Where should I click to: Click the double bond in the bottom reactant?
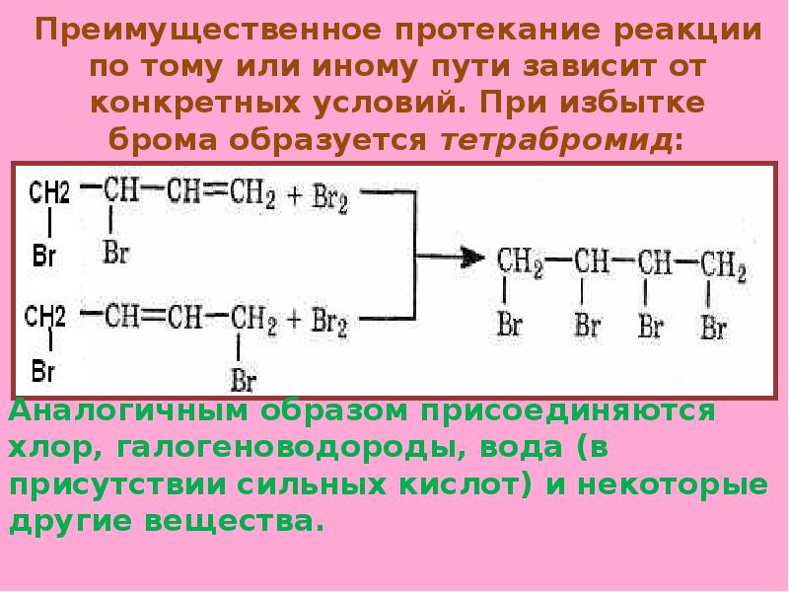pos(151,317)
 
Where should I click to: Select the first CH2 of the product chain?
pos(519,262)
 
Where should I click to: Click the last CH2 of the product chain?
pos(723,265)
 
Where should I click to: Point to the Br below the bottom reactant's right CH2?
pos(244,379)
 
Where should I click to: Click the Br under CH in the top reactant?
pos(116,253)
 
